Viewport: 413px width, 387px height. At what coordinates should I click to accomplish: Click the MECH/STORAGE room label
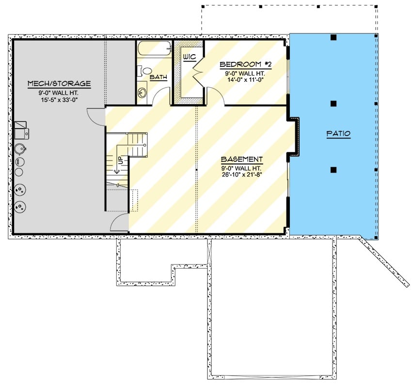pyautogui.click(x=59, y=84)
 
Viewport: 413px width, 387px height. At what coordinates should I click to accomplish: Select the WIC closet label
pyautogui.click(x=189, y=57)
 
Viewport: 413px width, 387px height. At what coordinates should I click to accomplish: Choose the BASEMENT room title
pyautogui.click(x=242, y=159)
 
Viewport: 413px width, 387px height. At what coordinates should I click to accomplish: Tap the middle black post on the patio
pyautogui.click(x=333, y=104)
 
